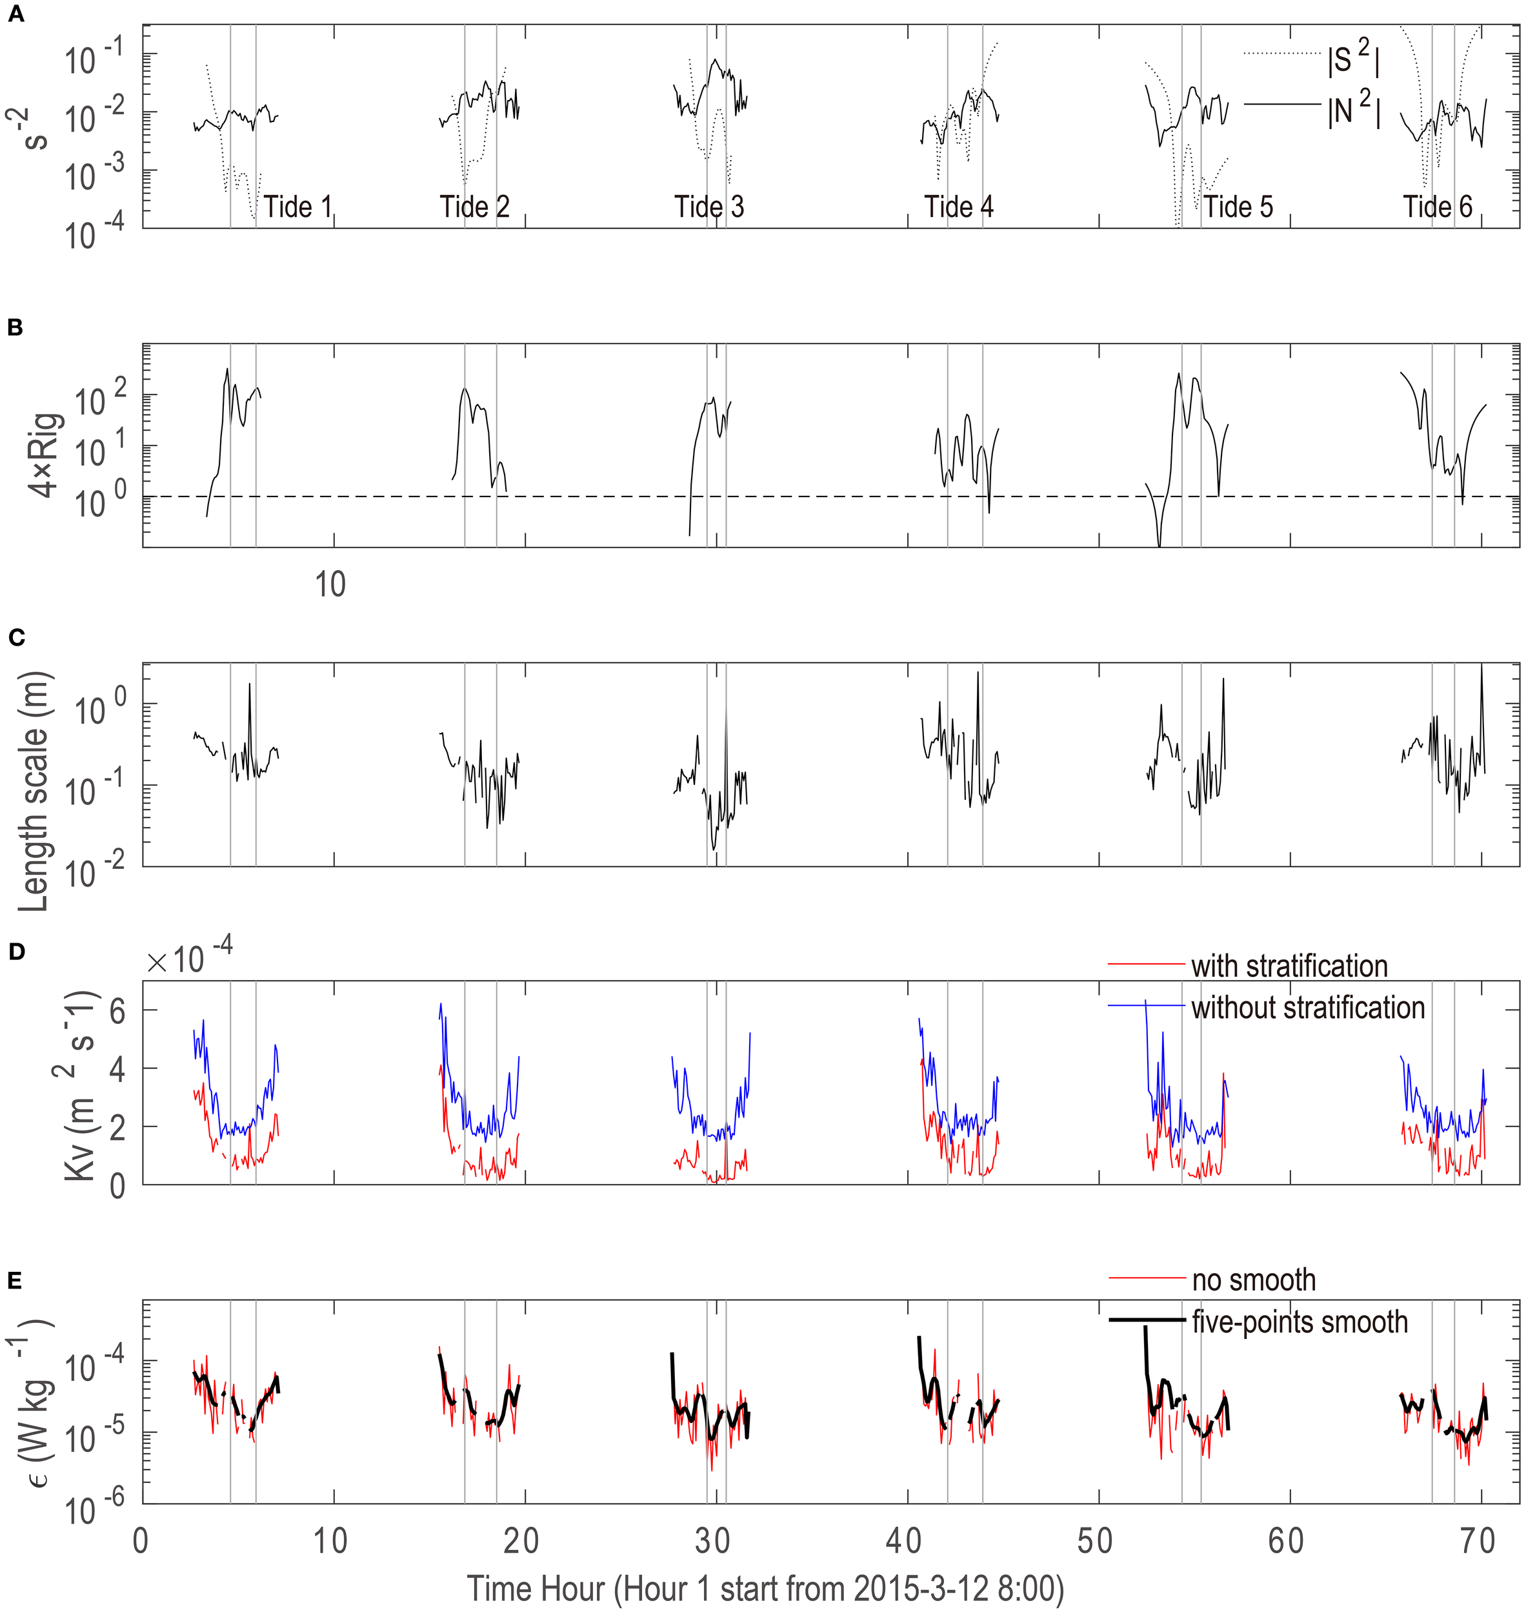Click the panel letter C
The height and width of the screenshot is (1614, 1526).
tap(15, 637)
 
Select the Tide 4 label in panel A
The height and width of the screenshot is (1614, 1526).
tap(958, 207)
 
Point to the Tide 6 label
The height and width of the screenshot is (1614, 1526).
tap(1438, 207)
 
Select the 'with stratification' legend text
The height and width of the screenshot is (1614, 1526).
tap(1289, 966)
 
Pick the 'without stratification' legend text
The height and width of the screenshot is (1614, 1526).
tap(1308, 1008)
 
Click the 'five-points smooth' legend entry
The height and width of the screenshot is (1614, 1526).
tap(1299, 1322)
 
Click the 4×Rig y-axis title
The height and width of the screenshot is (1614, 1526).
tap(45, 454)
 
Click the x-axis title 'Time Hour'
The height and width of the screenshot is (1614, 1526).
tap(765, 1589)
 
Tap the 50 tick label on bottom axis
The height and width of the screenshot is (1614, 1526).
tap(1095, 1541)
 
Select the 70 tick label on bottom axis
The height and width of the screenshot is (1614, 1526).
tap(1477, 1541)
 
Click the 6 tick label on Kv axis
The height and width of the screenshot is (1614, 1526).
tap(117, 1012)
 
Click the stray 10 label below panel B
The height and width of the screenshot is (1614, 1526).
tap(330, 584)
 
